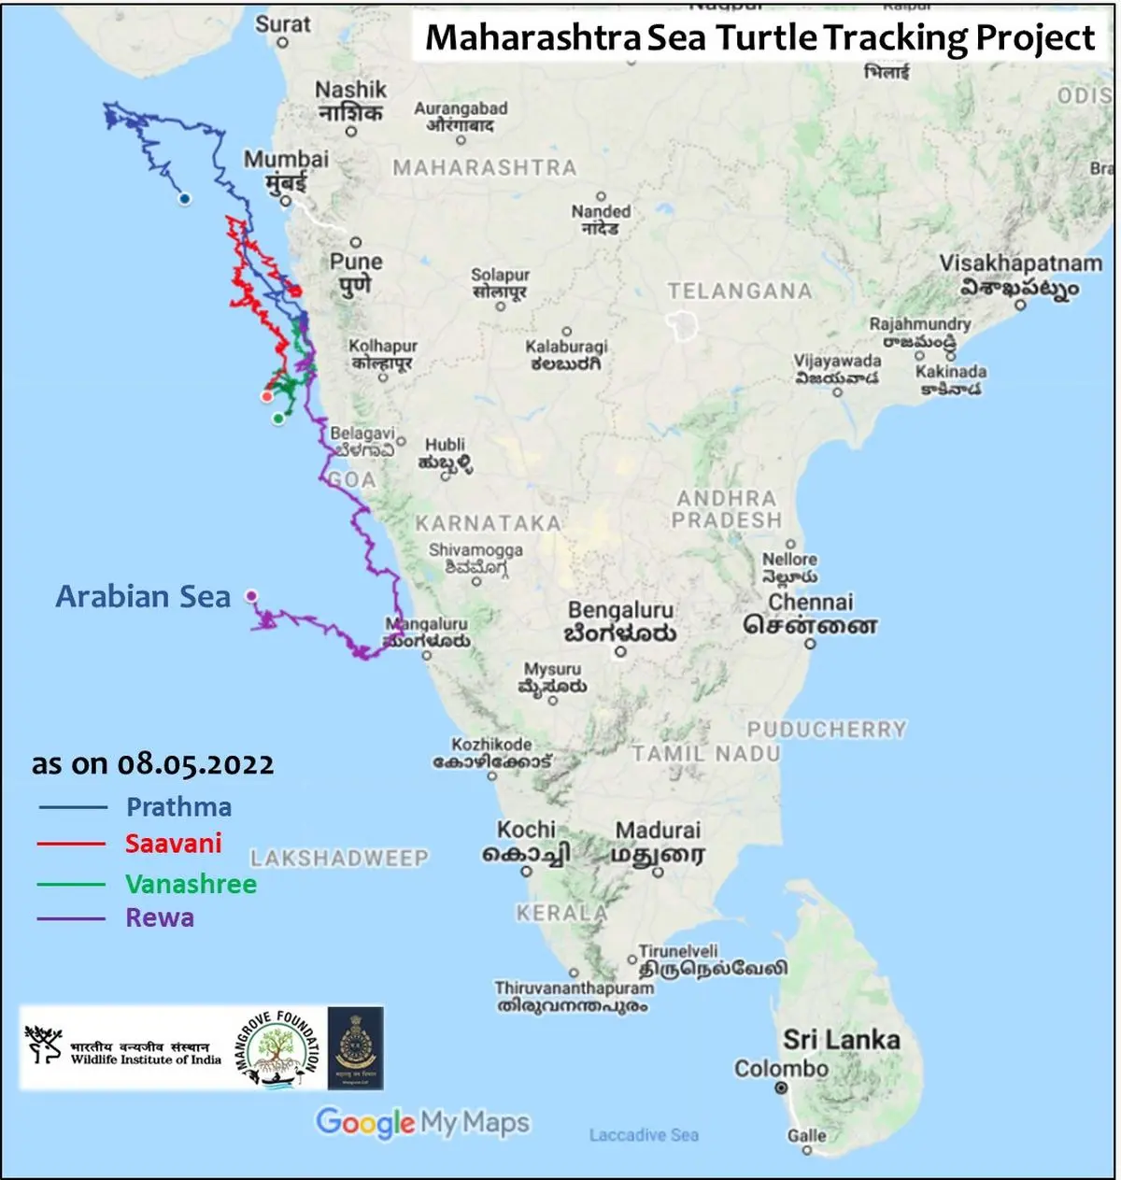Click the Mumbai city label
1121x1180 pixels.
tap(286, 159)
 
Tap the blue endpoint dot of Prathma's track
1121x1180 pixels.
tap(185, 199)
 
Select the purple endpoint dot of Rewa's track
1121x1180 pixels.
tap(250, 595)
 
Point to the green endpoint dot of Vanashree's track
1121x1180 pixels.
tap(277, 419)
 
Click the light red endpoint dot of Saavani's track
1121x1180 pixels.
tap(267, 396)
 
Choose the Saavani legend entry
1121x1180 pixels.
tap(174, 844)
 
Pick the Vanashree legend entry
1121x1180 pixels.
tap(191, 884)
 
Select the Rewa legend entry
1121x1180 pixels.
tap(160, 917)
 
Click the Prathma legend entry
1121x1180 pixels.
tap(178, 807)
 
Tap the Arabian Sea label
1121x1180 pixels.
tap(143, 596)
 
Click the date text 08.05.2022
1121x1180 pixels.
tap(195, 764)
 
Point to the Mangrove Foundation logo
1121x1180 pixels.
tap(277, 1048)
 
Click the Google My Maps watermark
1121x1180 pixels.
tap(422, 1122)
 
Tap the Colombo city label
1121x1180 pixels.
tap(781, 1068)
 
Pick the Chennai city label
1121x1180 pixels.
tap(810, 603)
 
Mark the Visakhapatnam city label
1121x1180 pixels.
tap(1020, 263)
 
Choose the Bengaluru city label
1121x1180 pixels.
tap(620, 610)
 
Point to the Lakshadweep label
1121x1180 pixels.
tap(339, 858)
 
